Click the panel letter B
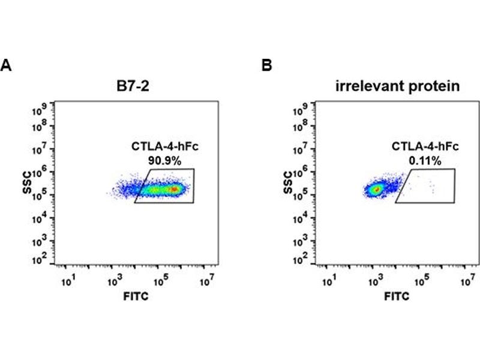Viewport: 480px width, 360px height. click(267, 65)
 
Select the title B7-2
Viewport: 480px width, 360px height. click(134, 86)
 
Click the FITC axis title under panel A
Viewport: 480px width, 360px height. click(136, 296)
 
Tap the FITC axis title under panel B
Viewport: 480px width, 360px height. click(397, 296)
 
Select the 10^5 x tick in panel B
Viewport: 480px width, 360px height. click(421, 280)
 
